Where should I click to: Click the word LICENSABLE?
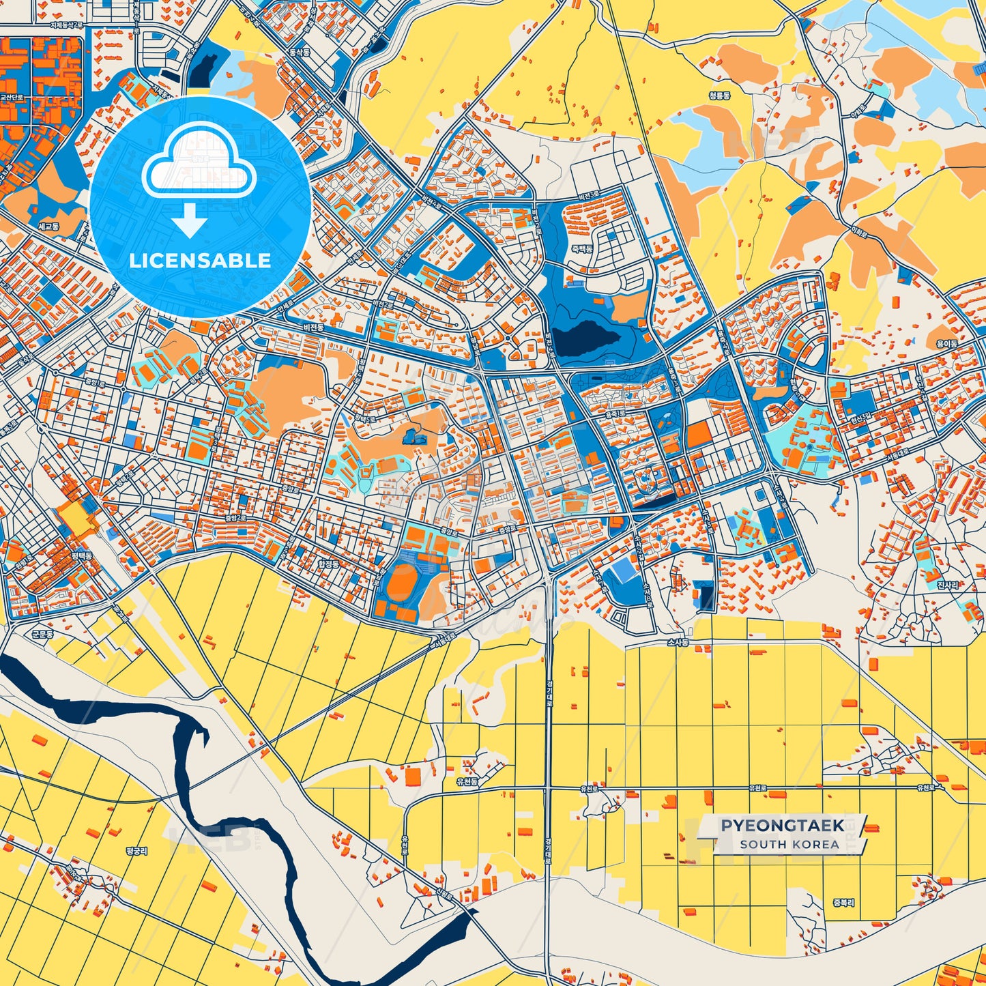tap(200, 261)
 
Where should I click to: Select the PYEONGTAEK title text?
tap(782, 826)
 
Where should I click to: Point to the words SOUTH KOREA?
tap(789, 844)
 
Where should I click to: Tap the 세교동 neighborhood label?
tap(49, 226)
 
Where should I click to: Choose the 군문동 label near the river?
tap(42, 634)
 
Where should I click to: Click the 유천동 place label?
tap(467, 781)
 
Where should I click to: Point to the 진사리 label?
tap(947, 585)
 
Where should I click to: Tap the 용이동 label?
tap(946, 344)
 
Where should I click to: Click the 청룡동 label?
tap(719, 96)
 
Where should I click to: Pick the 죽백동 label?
tap(581, 249)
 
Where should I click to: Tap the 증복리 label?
tap(843, 902)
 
